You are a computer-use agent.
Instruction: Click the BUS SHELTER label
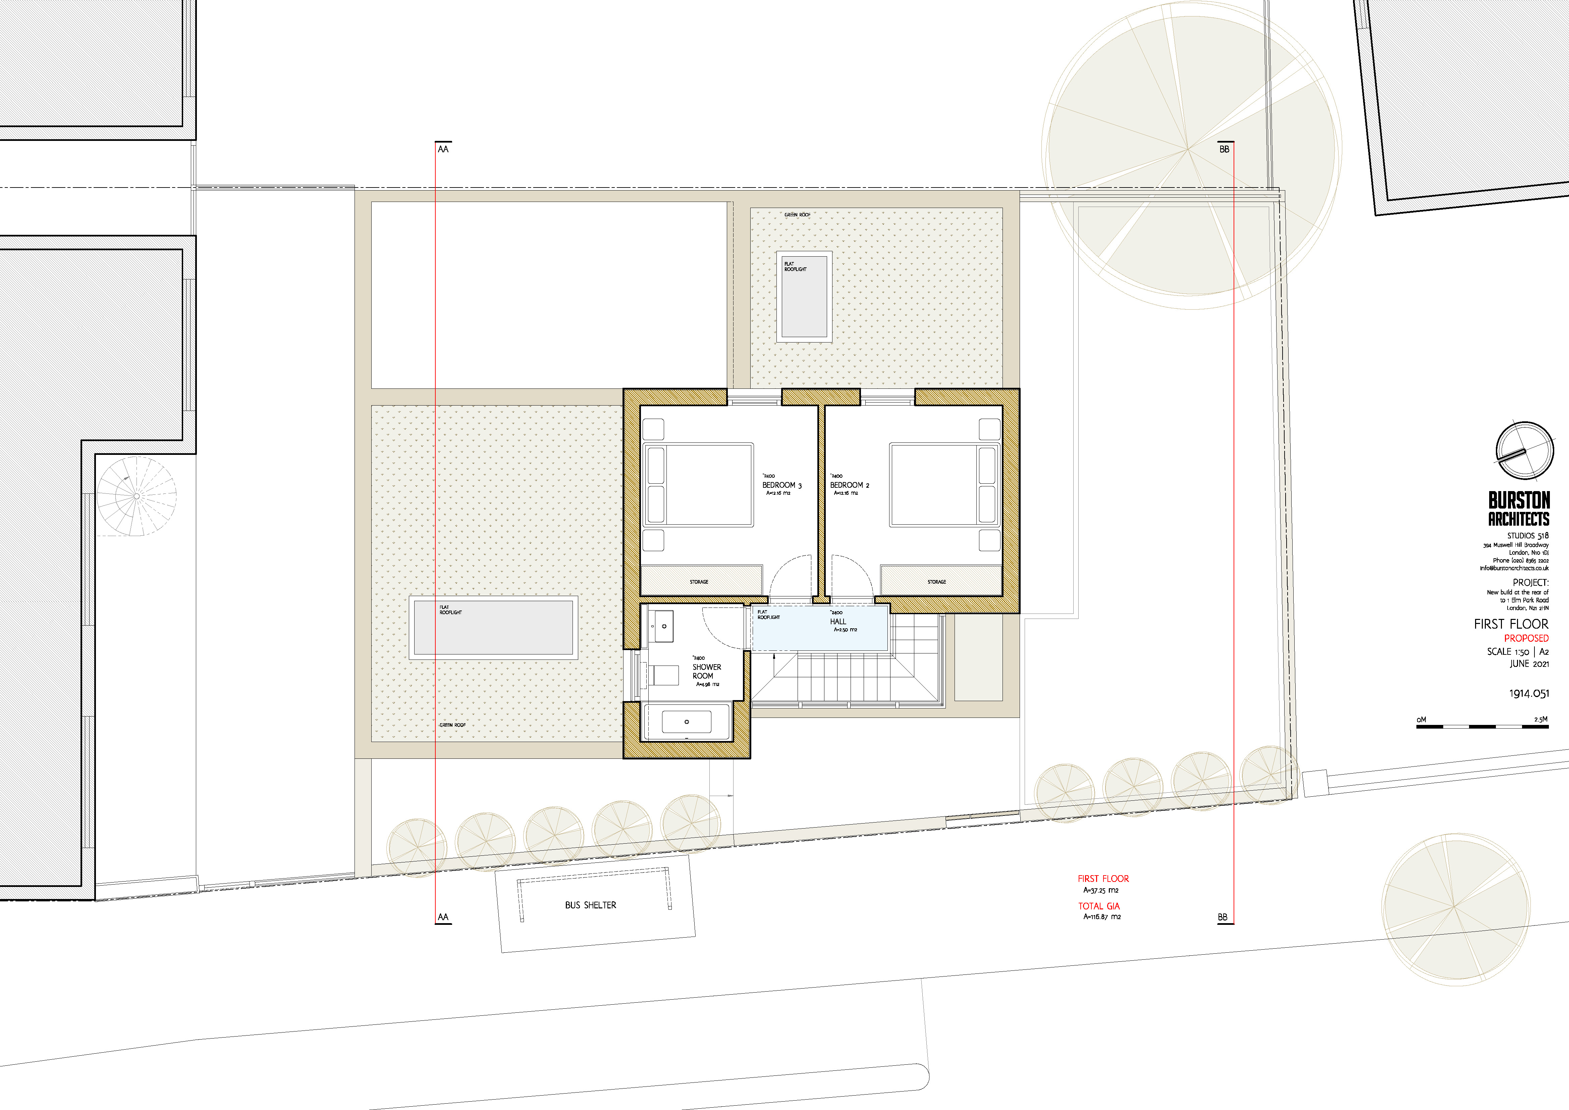coord(590,905)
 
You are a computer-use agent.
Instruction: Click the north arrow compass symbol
coord(1522,451)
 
